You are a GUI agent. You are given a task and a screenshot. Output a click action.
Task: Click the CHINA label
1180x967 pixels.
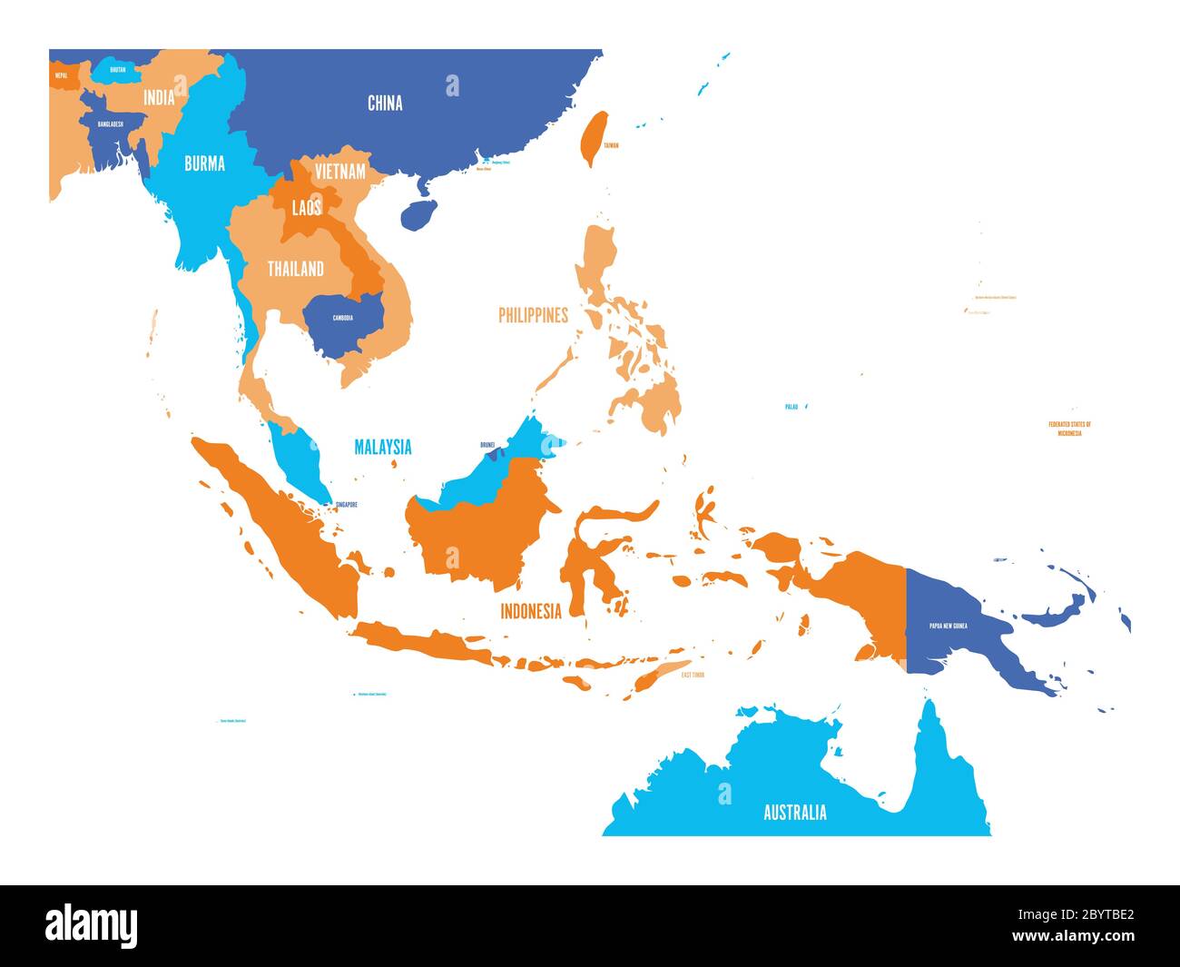(x=385, y=104)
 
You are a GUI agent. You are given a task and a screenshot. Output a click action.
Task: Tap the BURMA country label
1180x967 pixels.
(x=204, y=164)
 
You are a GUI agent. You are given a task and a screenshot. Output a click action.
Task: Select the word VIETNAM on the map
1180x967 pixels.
(x=340, y=171)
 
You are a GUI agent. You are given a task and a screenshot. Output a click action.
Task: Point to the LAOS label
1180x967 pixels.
(x=307, y=208)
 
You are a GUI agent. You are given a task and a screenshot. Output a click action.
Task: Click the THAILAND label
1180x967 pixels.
(x=295, y=269)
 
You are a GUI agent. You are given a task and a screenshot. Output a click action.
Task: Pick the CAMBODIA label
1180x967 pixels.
(x=342, y=318)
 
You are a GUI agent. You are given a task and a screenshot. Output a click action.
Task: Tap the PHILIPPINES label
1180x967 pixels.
(x=533, y=315)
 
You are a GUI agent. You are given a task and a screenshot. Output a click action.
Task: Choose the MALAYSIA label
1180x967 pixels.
(x=382, y=447)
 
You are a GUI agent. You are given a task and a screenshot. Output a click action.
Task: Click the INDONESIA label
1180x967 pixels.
(x=531, y=611)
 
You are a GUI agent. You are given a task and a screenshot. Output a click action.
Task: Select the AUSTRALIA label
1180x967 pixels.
(x=794, y=812)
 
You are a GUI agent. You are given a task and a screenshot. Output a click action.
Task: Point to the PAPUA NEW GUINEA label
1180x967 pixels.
(x=948, y=626)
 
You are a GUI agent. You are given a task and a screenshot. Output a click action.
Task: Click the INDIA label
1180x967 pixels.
(x=159, y=97)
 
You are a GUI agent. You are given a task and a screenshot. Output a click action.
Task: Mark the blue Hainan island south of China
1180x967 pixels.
(x=418, y=215)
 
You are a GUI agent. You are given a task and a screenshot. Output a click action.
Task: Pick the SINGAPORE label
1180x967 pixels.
(x=346, y=505)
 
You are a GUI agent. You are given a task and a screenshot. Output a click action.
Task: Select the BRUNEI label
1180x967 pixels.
(x=488, y=445)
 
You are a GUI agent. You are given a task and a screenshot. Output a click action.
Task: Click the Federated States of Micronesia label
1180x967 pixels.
(x=1069, y=429)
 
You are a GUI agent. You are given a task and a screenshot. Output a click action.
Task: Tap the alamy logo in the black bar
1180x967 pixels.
(x=92, y=925)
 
